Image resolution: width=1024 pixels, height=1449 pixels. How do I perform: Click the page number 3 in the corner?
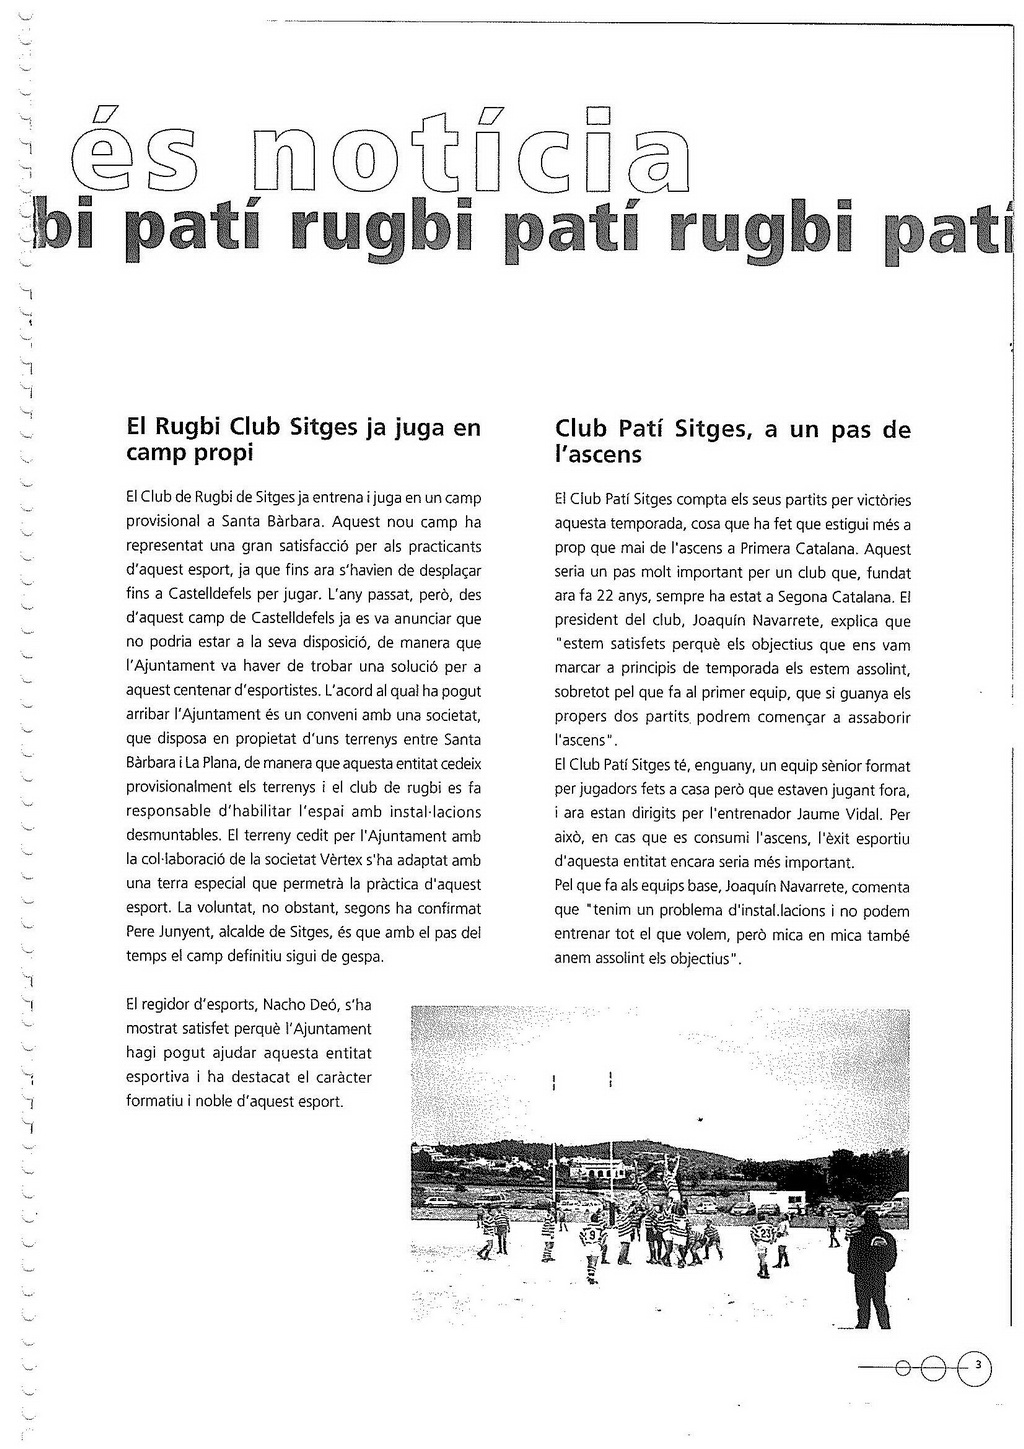978,1365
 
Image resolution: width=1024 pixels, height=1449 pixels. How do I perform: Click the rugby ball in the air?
703,1120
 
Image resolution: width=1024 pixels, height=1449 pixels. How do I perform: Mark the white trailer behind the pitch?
777,1198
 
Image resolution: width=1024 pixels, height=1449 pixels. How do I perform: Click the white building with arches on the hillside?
599,1167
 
